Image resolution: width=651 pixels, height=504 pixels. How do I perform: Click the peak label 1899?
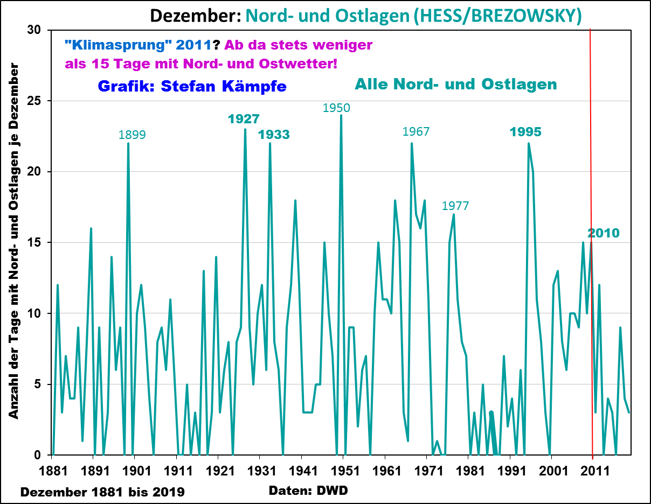pyautogui.click(x=132, y=135)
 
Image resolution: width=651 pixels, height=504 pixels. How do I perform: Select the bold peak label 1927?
pyautogui.click(x=244, y=119)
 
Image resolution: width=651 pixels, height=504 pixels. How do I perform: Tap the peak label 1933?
pyautogui.click(x=274, y=135)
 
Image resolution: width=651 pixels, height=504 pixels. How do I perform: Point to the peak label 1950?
pyautogui.click(x=336, y=108)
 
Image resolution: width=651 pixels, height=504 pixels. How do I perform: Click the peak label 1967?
pyautogui.click(x=416, y=131)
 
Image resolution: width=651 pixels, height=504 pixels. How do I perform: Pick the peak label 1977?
pyautogui.click(x=455, y=205)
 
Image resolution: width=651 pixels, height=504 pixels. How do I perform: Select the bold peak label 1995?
pyautogui.click(x=525, y=132)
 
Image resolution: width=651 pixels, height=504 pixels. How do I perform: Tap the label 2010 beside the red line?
pyautogui.click(x=604, y=233)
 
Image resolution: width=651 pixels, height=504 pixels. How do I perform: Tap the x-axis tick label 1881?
pyautogui.click(x=53, y=469)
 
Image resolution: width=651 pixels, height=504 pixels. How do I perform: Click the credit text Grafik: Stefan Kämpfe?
pyautogui.click(x=192, y=86)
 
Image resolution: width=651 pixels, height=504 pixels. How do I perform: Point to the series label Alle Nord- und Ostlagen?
pyautogui.click(x=455, y=84)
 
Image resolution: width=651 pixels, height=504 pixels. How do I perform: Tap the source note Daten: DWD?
pyautogui.click(x=308, y=491)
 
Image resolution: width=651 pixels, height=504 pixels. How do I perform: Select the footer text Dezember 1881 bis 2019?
pyautogui.click(x=102, y=492)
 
